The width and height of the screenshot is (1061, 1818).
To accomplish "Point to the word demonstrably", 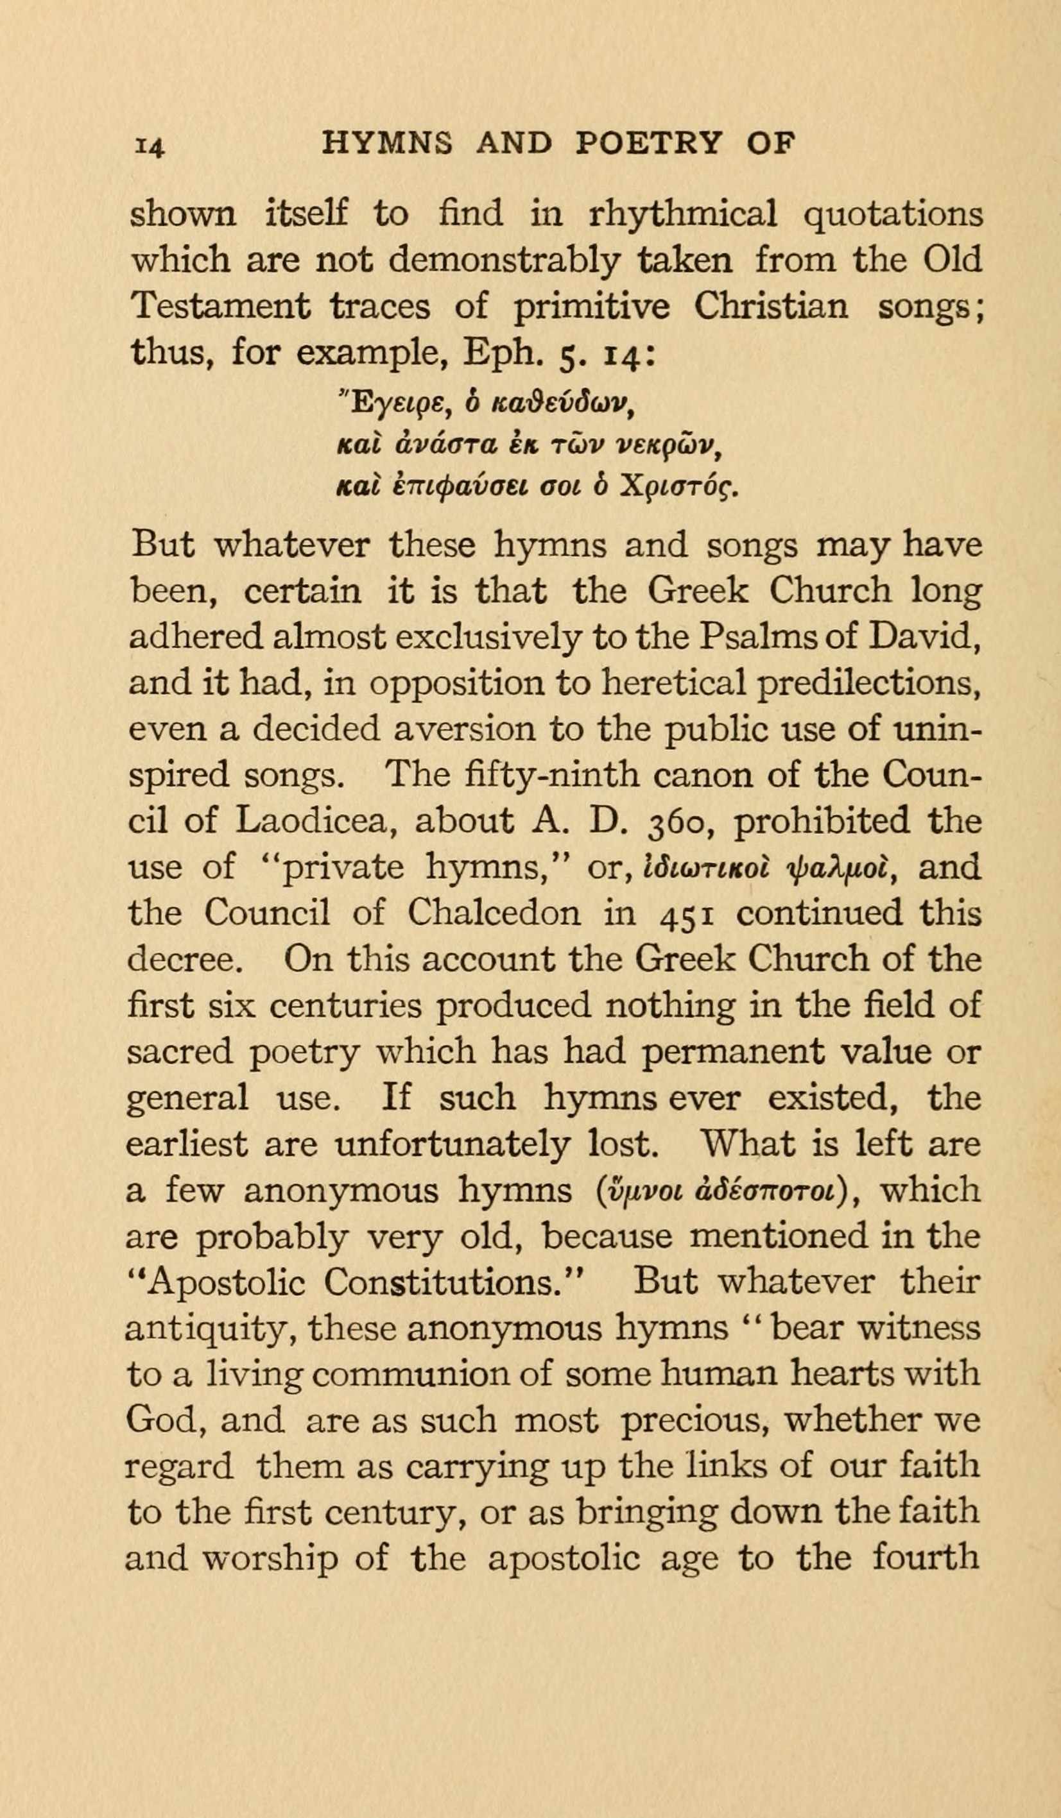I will (503, 261).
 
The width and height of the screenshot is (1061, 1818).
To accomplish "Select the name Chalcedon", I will (493, 913).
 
